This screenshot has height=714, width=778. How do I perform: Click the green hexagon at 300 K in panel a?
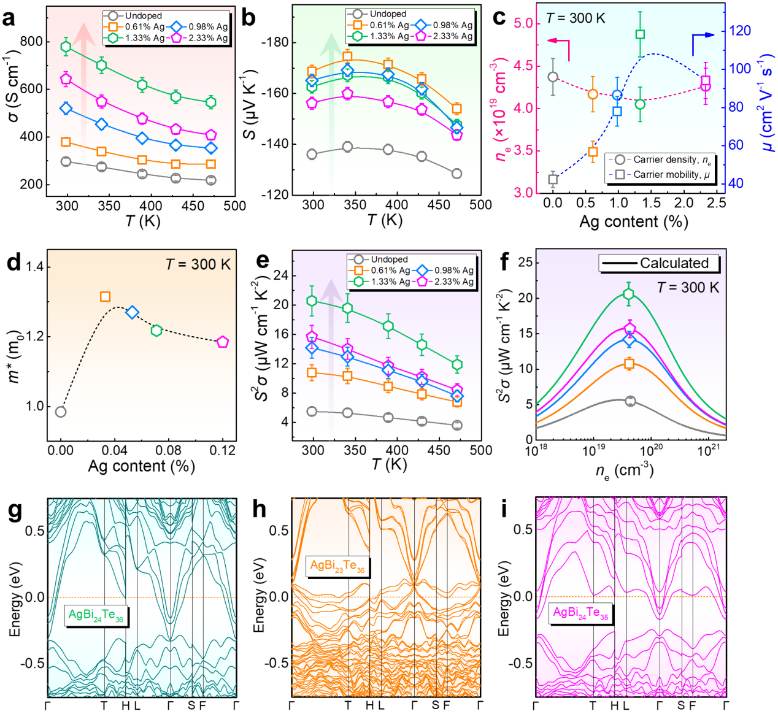(66, 47)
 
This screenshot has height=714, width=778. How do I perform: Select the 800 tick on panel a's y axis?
(31, 42)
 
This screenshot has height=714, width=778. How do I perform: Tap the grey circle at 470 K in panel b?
(456, 174)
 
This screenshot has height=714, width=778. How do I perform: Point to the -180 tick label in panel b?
(272, 42)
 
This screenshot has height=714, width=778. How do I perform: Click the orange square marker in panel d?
(105, 297)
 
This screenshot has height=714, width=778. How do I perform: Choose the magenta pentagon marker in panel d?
(223, 342)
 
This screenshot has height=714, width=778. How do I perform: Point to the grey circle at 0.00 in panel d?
(60, 412)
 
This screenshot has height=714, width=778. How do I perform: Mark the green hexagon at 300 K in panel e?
(312, 301)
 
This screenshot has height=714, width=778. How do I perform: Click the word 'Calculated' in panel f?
(674, 263)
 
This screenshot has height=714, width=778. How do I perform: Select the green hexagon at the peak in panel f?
(628, 294)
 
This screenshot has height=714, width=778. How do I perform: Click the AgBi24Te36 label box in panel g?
(96, 615)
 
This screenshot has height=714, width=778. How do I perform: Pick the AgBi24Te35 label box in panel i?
(580, 613)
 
